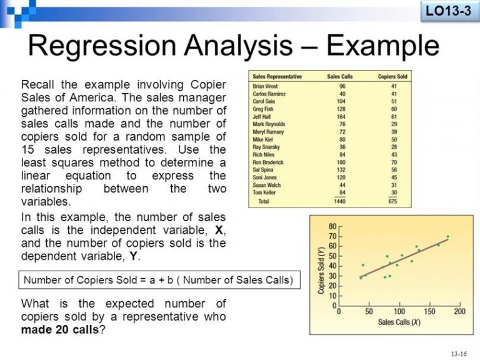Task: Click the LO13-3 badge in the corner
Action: [x=448, y=11]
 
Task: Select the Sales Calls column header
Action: [x=340, y=76]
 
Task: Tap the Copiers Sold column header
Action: [x=392, y=76]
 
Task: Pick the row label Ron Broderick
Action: [x=268, y=162]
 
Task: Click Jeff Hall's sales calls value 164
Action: [x=341, y=117]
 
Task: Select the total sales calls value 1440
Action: [x=339, y=201]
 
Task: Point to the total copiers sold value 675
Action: [x=392, y=201]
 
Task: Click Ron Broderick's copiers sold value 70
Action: [x=394, y=162]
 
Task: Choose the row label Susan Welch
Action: [x=267, y=185]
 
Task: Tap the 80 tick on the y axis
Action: [x=332, y=226]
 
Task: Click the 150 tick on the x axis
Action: [x=429, y=311]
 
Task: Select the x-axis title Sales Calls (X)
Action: [x=399, y=322]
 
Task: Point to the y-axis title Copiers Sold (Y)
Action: [x=321, y=270]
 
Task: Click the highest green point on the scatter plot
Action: [x=448, y=237]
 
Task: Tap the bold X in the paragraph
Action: [x=219, y=230]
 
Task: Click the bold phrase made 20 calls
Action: [x=60, y=330]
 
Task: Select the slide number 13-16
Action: [x=459, y=354]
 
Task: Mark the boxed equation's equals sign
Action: [x=143, y=280]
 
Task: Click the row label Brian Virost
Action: [x=265, y=86]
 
